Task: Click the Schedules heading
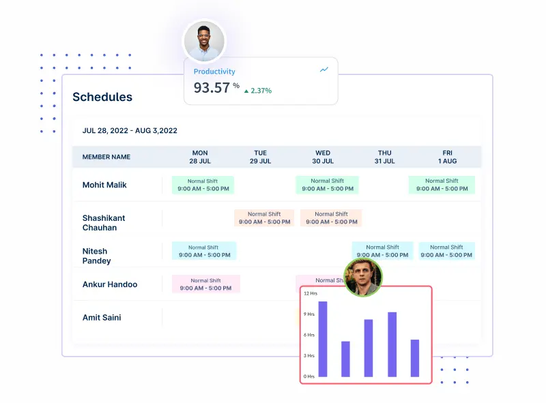pos(102,97)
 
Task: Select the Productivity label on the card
pos(214,72)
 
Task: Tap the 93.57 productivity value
pos(212,87)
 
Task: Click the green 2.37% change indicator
pos(257,90)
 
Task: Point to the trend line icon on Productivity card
pos(324,70)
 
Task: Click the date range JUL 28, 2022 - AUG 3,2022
pos(130,130)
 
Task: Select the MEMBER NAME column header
pos(106,157)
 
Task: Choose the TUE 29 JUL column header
pos(260,157)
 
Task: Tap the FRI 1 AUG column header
pos(448,157)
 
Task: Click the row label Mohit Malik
pos(104,185)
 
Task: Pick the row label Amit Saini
pos(102,317)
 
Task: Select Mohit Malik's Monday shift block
pos(203,185)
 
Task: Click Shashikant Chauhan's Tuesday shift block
pos(264,218)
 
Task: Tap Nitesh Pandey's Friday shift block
pos(446,251)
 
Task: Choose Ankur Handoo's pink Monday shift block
pos(205,284)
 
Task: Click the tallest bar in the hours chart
pos(323,339)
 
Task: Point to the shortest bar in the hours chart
pos(345,359)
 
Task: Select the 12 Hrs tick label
pos(310,293)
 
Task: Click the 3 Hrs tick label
pos(309,356)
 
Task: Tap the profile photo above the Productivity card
pos(204,41)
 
